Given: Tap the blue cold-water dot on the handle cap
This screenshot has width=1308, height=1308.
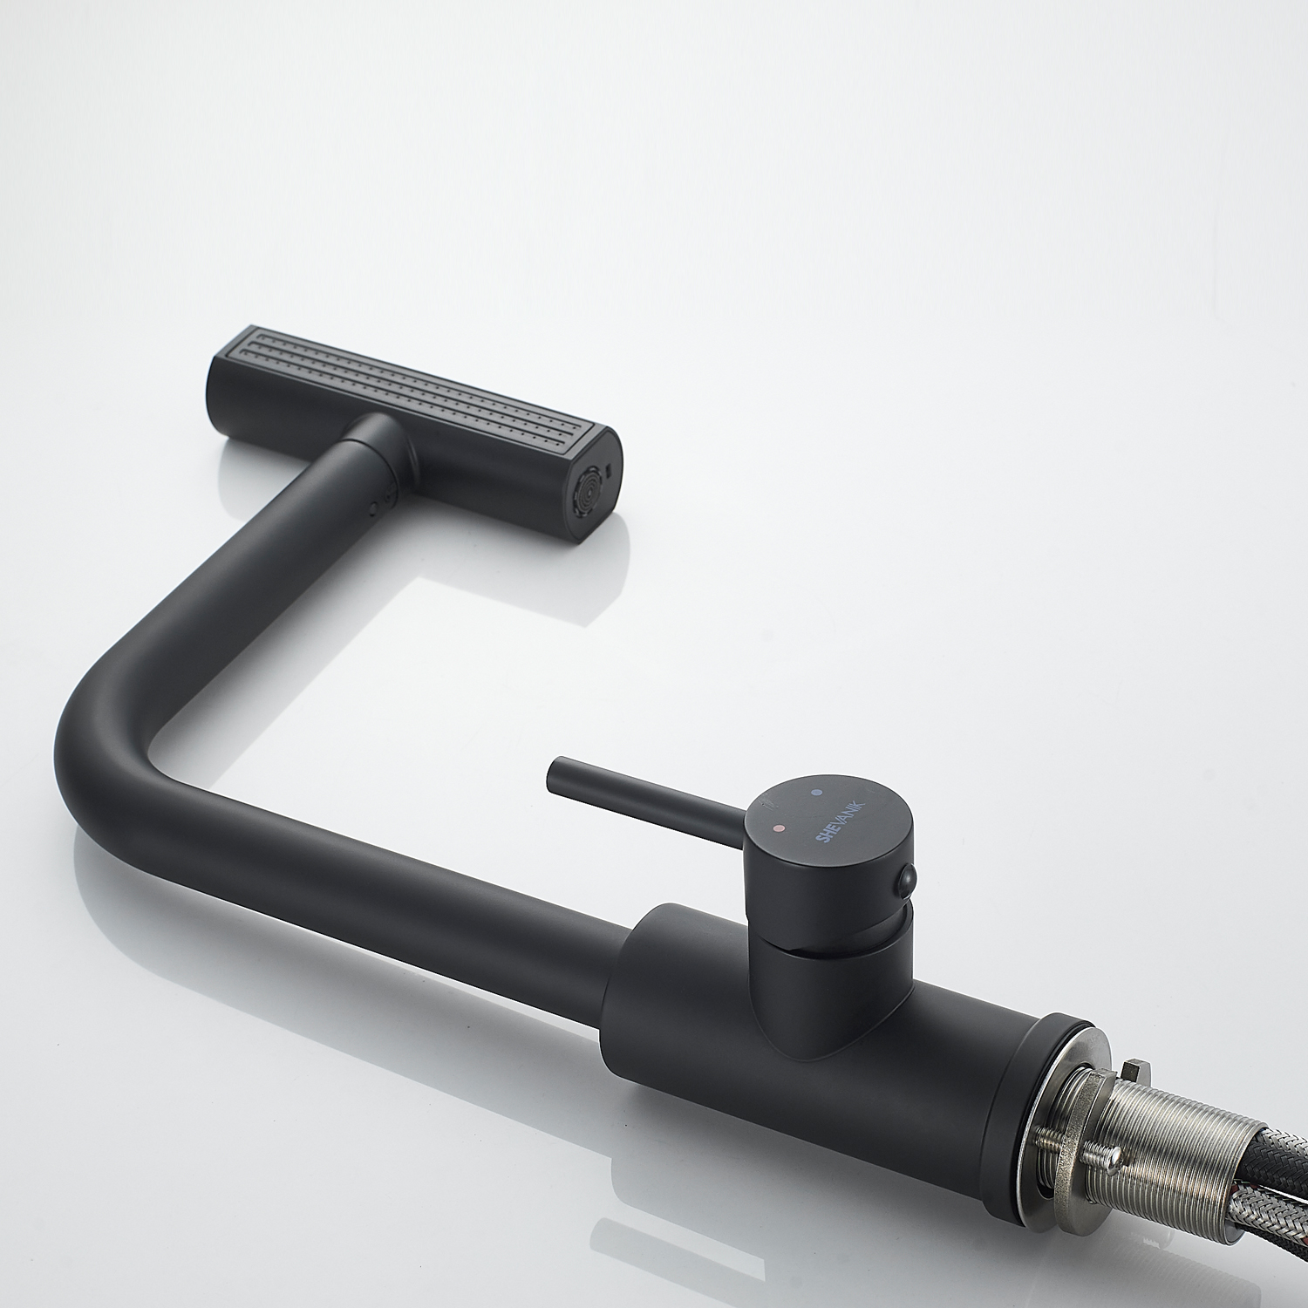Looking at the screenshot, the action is [818, 792].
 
